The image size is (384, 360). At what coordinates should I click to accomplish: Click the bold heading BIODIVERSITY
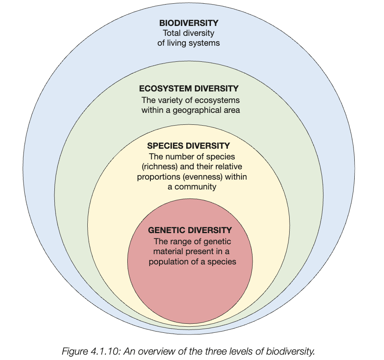click(189, 23)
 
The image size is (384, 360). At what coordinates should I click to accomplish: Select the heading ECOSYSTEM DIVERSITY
click(189, 89)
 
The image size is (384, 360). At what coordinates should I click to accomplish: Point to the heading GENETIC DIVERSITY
click(190, 230)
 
